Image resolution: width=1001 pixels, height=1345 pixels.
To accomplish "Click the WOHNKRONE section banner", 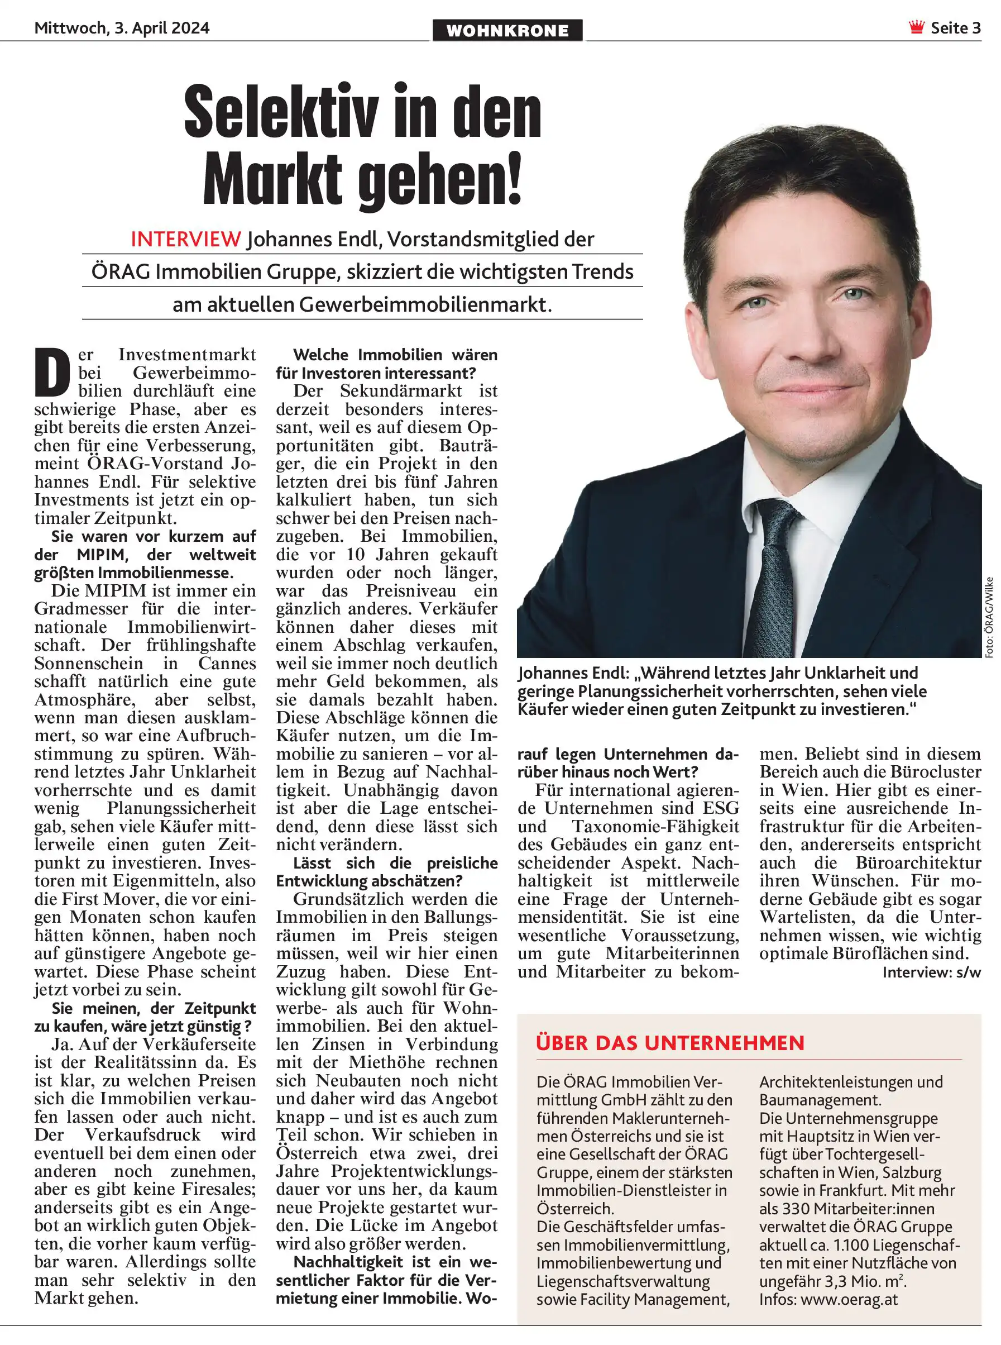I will [507, 30].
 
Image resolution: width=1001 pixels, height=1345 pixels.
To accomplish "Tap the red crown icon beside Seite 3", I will [917, 27].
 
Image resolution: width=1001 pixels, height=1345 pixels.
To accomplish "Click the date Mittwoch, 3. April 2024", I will [122, 28].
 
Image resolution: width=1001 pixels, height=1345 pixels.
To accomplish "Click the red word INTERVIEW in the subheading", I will [186, 240].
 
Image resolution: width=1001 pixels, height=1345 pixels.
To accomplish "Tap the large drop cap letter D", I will [52, 371].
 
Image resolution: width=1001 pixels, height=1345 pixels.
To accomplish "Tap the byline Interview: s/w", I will [931, 972].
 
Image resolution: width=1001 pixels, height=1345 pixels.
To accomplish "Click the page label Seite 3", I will [956, 28].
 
